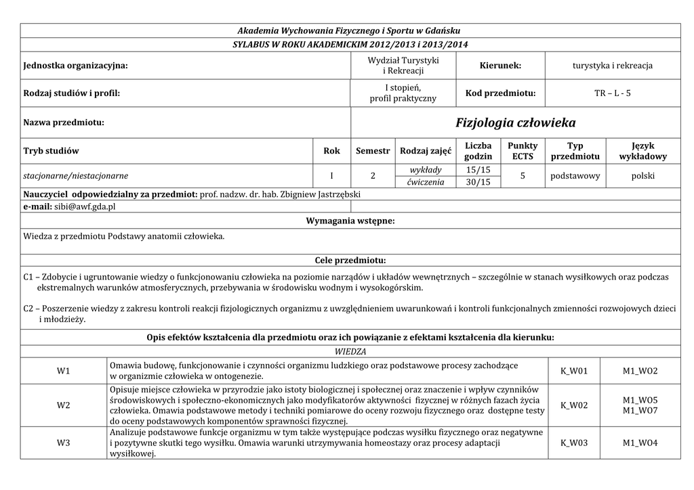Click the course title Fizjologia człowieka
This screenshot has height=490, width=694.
516,122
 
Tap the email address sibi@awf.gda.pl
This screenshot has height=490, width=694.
85,206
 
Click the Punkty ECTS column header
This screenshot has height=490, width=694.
523,151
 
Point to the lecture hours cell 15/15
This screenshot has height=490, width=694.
478,169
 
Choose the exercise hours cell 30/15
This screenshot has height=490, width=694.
478,182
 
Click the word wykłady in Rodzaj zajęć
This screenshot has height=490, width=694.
426,169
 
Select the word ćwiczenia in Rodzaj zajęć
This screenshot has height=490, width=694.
426,182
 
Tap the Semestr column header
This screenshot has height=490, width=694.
373,151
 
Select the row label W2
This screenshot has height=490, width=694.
64,405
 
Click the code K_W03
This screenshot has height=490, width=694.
574,443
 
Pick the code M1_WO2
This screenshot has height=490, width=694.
640,371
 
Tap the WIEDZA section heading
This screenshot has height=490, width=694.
350,352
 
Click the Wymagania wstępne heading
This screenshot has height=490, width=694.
350,221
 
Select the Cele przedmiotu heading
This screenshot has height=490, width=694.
350,261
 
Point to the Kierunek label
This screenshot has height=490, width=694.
500,66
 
